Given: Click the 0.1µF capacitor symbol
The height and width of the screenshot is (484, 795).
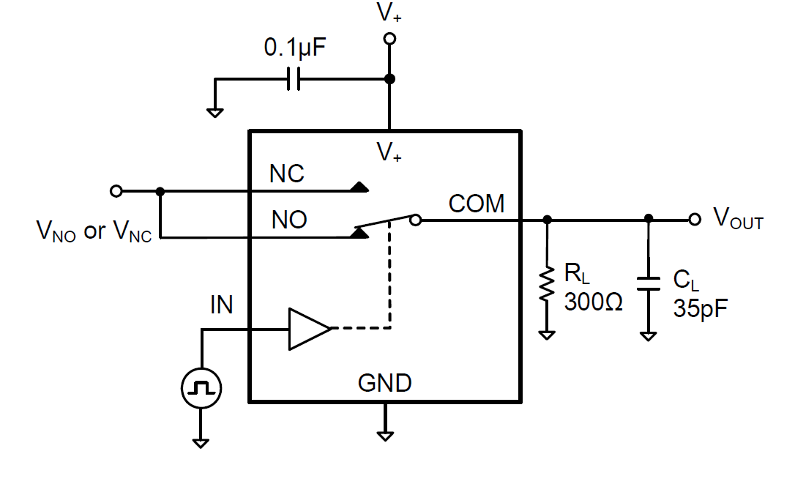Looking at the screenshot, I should point(294,79).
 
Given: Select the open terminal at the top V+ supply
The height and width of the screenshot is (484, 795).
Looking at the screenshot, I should point(389,39).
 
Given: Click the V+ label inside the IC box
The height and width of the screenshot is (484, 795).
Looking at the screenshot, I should point(389,152).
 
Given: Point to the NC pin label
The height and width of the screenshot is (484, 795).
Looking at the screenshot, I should point(287,174).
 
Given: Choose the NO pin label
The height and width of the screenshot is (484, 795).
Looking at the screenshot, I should point(288,220).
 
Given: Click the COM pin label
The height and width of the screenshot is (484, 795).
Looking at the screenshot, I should point(477,204).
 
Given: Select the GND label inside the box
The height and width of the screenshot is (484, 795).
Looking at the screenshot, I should point(384,382).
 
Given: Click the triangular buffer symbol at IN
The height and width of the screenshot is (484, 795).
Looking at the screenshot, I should point(308,329).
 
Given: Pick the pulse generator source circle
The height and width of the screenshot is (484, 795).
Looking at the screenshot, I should point(201,387).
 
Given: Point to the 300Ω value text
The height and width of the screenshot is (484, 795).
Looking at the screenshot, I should point(593,302).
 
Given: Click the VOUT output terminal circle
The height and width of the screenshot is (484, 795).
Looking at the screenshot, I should point(694,219).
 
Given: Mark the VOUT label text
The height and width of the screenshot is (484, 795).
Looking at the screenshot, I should point(738,219).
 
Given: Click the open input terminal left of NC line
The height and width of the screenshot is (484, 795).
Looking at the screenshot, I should point(116,191).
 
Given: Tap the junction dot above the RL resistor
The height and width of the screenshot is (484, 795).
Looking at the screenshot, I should point(546,219).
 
